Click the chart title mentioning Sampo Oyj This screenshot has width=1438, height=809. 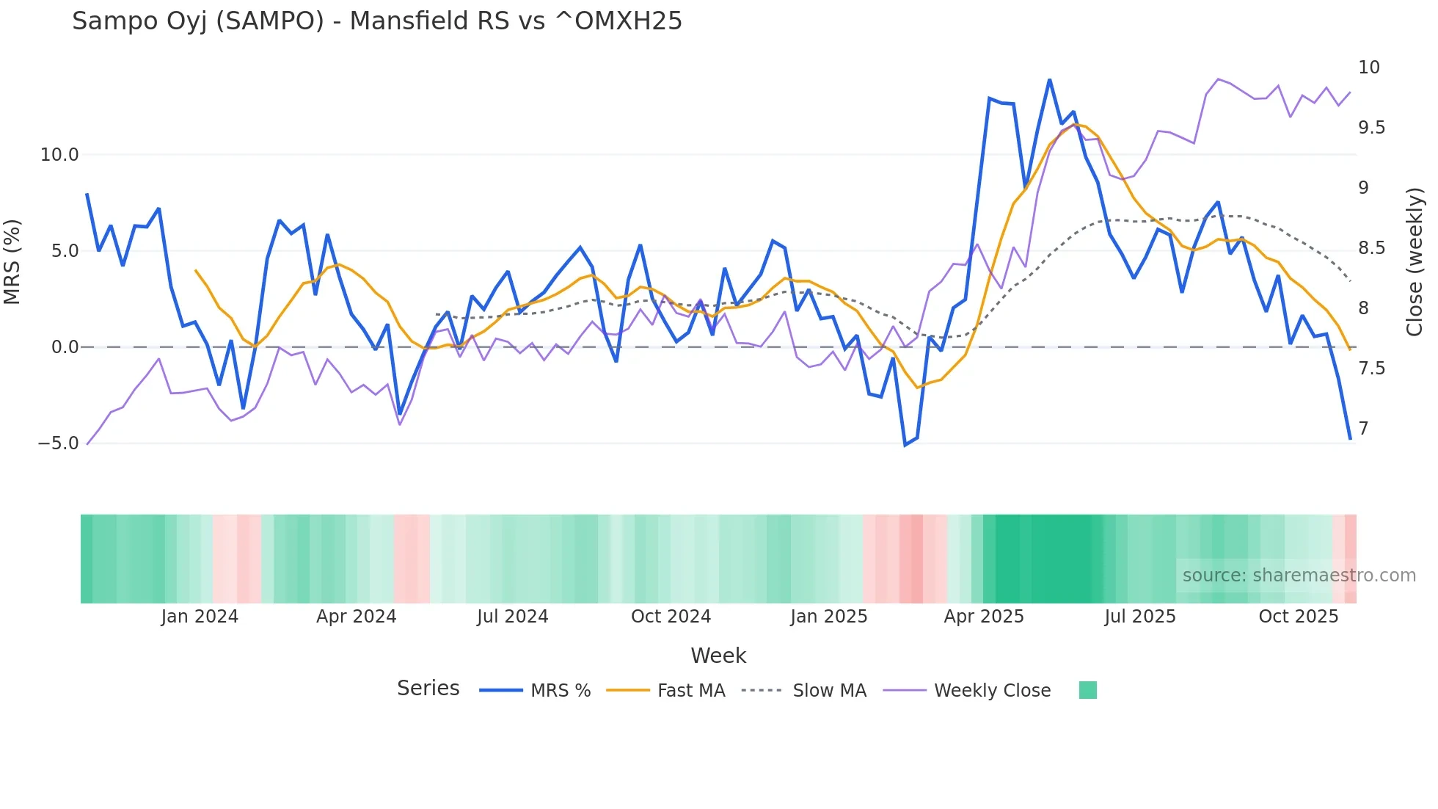[377, 21]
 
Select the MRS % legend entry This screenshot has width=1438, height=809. [560, 691]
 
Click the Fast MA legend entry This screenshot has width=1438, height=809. [690, 691]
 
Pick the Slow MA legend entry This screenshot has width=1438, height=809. [829, 691]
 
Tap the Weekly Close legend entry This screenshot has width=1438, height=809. [992, 691]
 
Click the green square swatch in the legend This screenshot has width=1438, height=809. [1087, 690]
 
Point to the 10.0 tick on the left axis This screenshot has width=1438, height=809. [59, 155]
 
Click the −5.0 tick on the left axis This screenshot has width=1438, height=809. [58, 443]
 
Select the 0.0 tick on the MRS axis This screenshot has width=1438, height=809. [65, 347]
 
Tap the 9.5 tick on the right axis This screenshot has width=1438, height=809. [1371, 128]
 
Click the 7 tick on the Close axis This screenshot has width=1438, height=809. [1363, 429]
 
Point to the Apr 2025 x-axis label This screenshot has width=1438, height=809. [983, 617]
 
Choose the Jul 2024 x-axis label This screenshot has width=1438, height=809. [512, 617]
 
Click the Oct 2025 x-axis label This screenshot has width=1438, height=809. [1298, 617]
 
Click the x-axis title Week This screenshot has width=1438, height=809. [718, 656]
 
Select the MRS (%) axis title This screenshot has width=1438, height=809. [12, 261]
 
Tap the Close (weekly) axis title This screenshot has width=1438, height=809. [1415, 261]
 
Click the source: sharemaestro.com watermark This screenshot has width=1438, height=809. [1299, 576]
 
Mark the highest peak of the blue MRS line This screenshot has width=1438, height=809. [1049, 80]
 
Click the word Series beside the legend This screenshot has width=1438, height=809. [428, 689]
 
